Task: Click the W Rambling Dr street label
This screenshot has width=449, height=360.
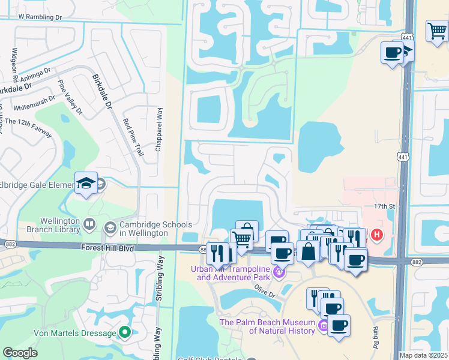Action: [40, 17]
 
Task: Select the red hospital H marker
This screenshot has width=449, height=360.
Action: [376, 234]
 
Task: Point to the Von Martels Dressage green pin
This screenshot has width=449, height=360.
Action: [124, 332]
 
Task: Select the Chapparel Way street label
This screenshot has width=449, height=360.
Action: [159, 128]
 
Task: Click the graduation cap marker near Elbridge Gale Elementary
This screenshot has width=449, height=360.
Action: [86, 184]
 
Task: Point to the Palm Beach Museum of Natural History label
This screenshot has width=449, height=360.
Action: [267, 326]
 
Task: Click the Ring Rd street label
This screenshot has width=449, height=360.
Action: [376, 337]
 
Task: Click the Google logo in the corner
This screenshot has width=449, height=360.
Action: [20, 352]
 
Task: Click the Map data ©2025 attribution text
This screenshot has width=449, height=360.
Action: [424, 355]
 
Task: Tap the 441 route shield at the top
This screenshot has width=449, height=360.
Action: [407, 37]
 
